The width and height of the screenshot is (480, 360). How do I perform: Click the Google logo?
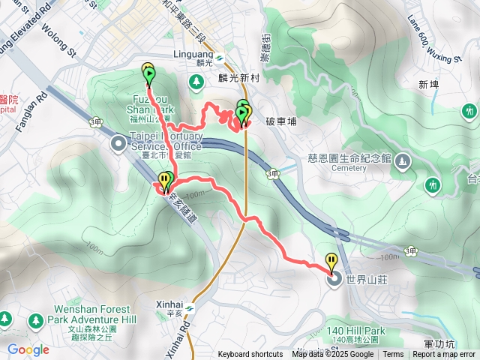point(28,349)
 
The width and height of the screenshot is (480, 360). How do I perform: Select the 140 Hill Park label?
point(355,331)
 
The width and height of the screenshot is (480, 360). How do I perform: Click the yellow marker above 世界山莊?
point(331,261)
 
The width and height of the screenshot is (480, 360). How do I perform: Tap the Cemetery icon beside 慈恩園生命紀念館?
point(403,160)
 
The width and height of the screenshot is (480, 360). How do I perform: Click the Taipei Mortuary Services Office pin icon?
point(118,143)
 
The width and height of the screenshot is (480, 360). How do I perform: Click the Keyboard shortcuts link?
point(250,355)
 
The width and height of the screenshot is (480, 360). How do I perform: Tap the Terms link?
point(393,355)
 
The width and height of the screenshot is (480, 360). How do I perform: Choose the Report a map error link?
point(444,355)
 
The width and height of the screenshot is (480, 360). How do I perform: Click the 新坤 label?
point(428,84)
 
